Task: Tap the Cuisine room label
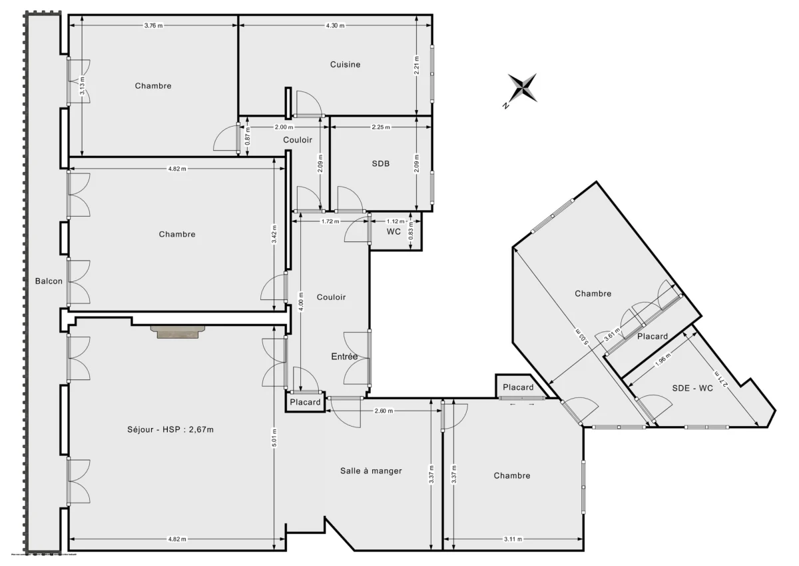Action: pyautogui.click(x=345, y=65)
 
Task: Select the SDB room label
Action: pyautogui.click(x=381, y=163)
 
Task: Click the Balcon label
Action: pyautogui.click(x=49, y=281)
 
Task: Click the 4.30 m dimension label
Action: pyautogui.click(x=335, y=26)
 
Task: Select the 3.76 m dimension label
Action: pyautogui.click(x=154, y=26)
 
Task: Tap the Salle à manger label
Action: pyautogui.click(x=371, y=471)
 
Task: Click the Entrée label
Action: pyautogui.click(x=344, y=357)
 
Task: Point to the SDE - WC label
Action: pyautogui.click(x=692, y=389)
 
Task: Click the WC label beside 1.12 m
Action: pyautogui.click(x=394, y=232)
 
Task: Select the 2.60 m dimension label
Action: pyautogui.click(x=384, y=411)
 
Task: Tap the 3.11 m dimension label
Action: pyautogui.click(x=513, y=539)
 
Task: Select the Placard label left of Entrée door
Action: pyautogui.click(x=305, y=402)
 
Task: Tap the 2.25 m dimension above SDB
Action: pyautogui.click(x=381, y=127)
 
